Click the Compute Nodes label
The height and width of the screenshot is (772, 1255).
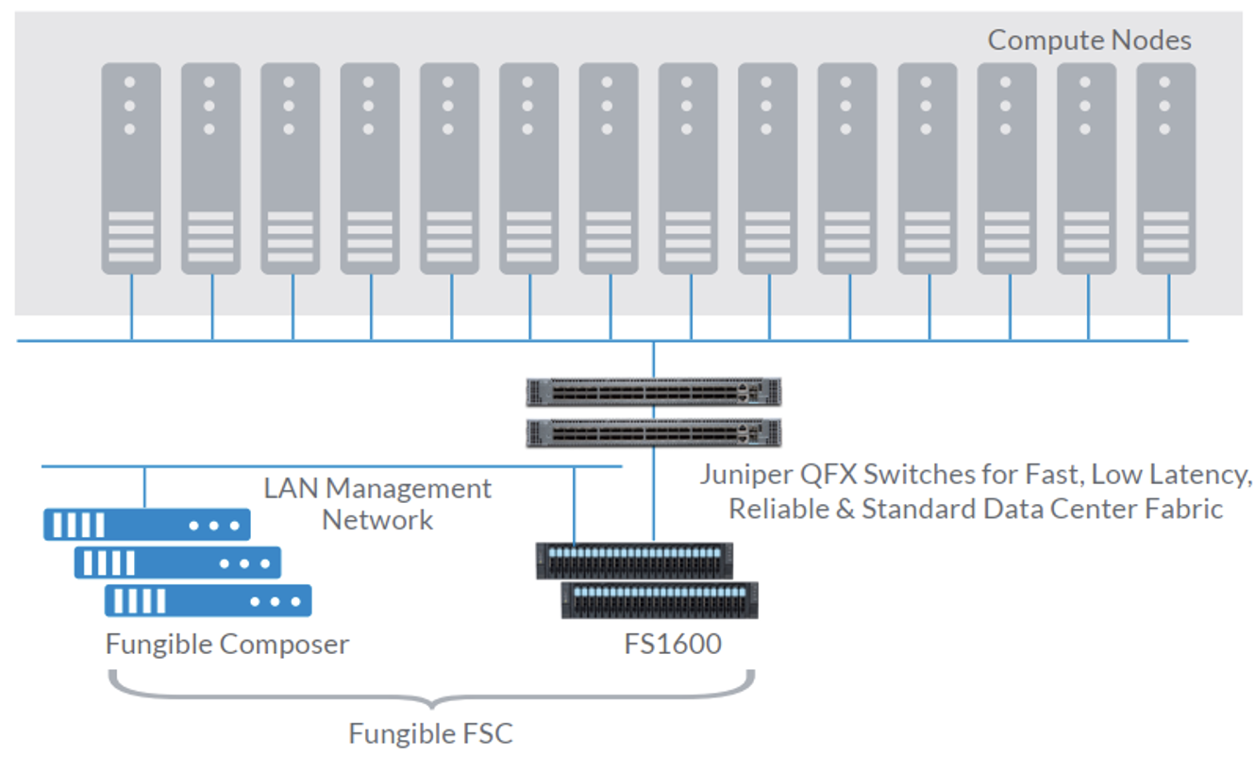click(1089, 41)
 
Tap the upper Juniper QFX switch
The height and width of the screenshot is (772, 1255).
click(654, 392)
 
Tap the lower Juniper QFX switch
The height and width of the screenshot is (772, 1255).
click(654, 433)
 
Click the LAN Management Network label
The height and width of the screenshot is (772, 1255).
click(377, 503)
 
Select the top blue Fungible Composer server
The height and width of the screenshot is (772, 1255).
click(146, 525)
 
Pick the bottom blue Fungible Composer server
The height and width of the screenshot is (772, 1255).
click(208, 600)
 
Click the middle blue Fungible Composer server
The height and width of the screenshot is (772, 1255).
click(177, 562)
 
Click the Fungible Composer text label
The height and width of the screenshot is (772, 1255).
click(227, 645)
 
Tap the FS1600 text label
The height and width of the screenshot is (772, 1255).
click(673, 645)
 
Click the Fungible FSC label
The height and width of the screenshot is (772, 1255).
click(430, 733)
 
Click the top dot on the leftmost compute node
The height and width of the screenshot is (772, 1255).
click(130, 80)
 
